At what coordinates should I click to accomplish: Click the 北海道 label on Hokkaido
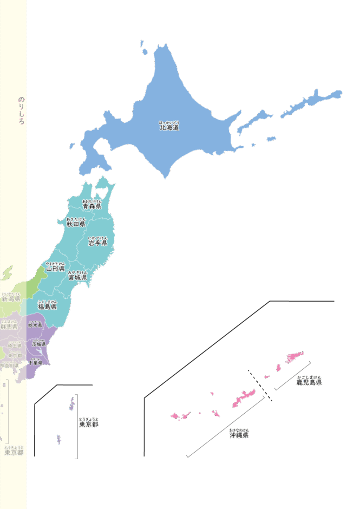tap(169, 128)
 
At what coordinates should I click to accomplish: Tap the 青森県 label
tap(92, 206)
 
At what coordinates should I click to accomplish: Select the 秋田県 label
tap(76, 224)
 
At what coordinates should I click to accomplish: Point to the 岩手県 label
tap(97, 243)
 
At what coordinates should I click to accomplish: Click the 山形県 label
tap(55, 268)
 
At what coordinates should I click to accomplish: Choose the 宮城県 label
tap(77, 277)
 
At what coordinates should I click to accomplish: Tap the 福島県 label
tap(47, 306)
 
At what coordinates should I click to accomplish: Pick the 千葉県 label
tap(35, 362)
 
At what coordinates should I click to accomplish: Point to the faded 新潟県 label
tap(11, 298)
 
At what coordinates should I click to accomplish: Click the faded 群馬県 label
tap(9, 326)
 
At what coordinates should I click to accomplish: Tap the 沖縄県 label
tap(239, 434)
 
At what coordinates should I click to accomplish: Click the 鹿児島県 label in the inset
tap(309, 382)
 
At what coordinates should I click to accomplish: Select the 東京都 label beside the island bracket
tap(88, 425)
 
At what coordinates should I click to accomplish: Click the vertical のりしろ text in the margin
tap(21, 111)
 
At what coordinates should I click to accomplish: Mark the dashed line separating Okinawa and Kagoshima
tap(260, 385)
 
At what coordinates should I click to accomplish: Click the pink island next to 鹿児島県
tap(294, 356)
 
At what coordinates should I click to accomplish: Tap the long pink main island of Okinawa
tap(244, 399)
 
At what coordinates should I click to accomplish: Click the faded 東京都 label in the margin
tap(14, 452)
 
